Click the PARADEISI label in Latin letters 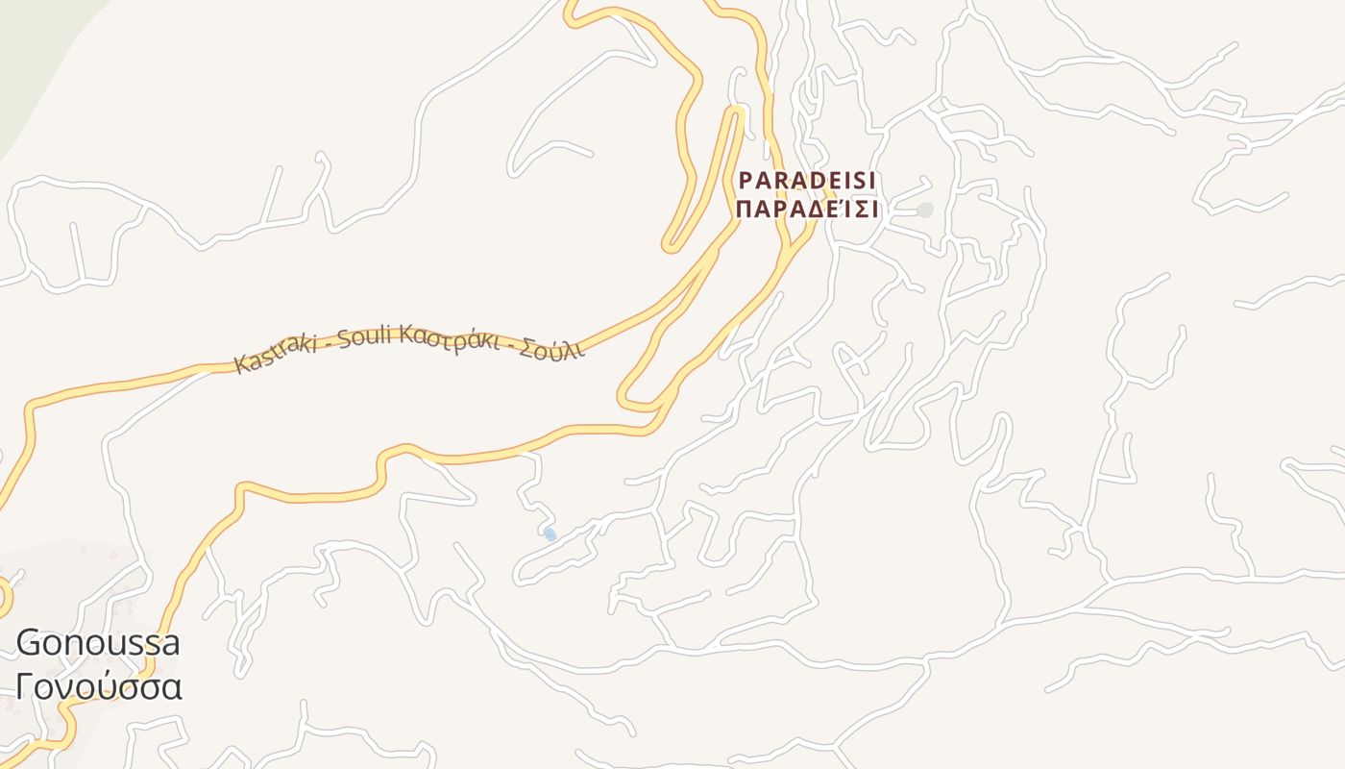[807, 181]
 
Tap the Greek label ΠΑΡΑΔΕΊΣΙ [807, 210]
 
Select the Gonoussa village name [98, 642]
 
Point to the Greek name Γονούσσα [98, 687]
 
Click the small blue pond [550, 533]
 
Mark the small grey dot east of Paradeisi [924, 210]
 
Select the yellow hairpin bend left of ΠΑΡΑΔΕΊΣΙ [672, 244]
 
